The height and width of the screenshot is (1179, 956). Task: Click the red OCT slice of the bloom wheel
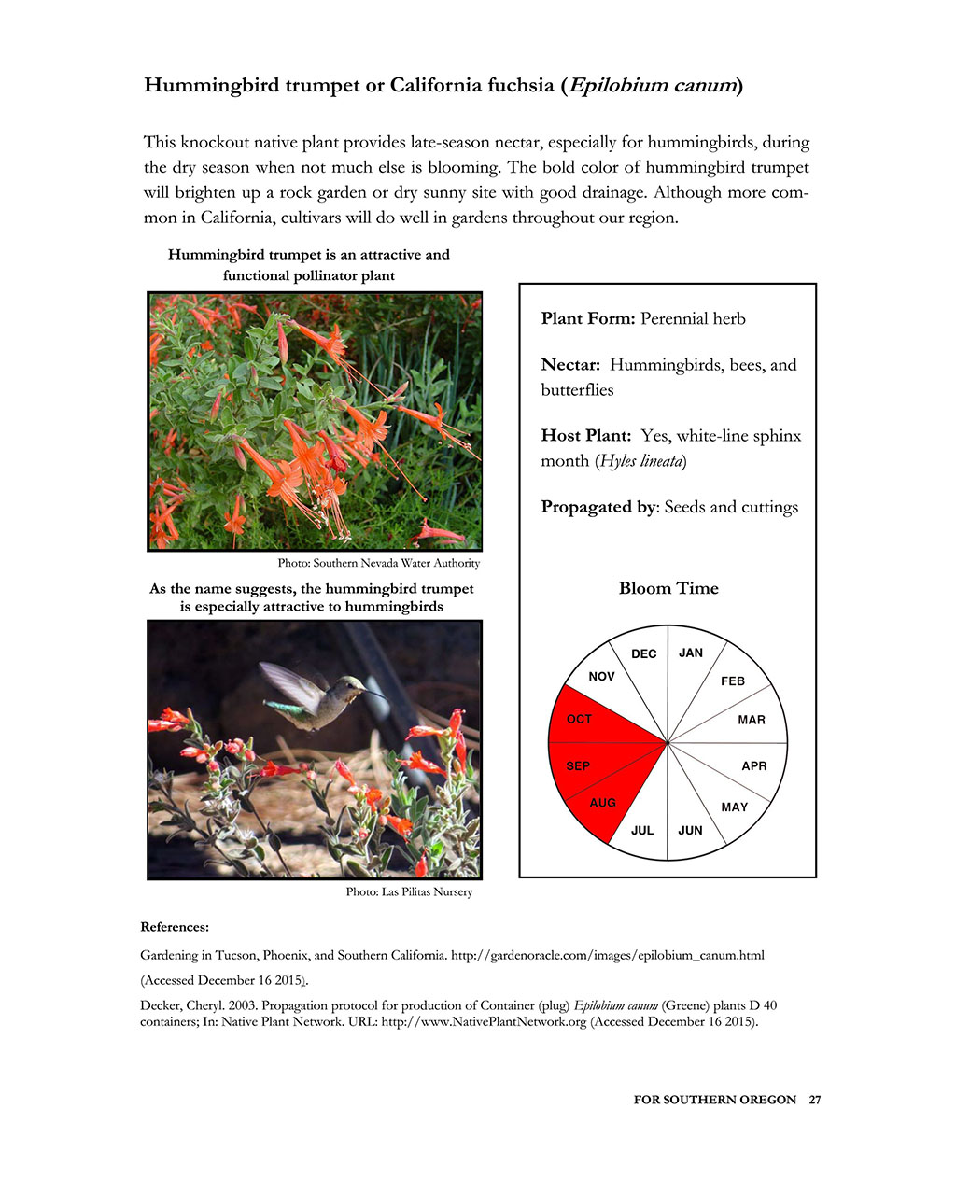coord(597,719)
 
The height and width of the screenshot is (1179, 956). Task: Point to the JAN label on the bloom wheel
coord(691,653)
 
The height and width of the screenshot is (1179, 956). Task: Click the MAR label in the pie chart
coord(752,720)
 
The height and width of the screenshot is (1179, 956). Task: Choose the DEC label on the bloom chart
coord(644,653)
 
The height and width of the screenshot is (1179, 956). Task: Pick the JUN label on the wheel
coord(690,830)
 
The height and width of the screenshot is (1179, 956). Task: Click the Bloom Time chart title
coord(668,588)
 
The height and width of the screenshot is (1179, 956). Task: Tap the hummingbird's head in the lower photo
coord(350,691)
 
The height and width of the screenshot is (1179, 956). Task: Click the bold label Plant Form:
coord(588,318)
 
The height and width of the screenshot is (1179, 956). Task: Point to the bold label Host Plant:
coord(586,435)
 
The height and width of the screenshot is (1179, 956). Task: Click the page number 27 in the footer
coord(815,1100)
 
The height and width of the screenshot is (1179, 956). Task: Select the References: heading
coord(175,927)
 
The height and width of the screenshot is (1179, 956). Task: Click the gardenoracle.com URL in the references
coord(608,955)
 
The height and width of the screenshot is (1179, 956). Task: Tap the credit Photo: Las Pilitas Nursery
coord(409,891)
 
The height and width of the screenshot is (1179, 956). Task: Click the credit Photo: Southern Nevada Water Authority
coord(379,563)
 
